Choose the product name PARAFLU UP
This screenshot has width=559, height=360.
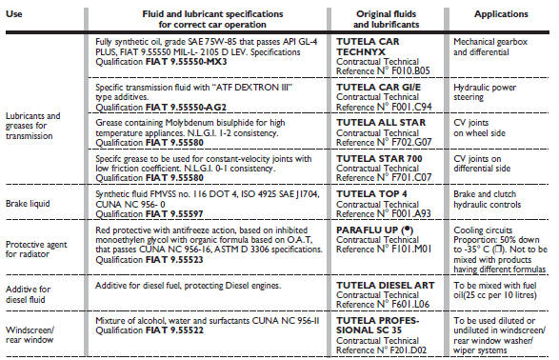[366, 230]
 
